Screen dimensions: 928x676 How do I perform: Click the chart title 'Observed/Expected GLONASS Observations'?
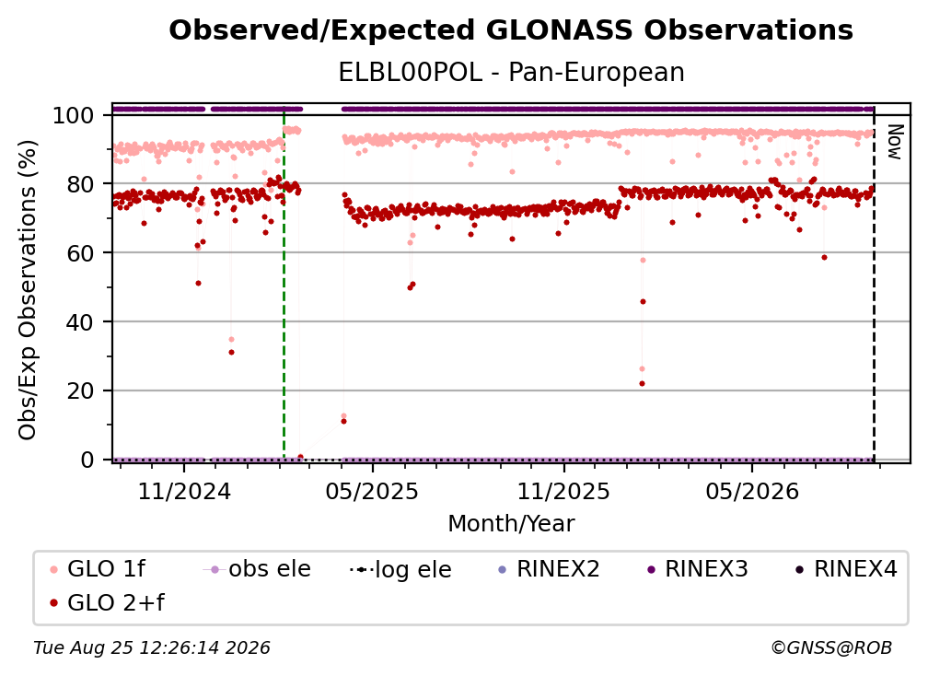[x=511, y=30]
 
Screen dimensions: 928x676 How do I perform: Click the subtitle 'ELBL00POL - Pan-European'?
[x=511, y=73]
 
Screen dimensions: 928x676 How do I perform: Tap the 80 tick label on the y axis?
[x=80, y=185]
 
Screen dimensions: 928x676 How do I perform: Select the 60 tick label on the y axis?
[x=80, y=253]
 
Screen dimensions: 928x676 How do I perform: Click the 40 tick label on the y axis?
[x=80, y=322]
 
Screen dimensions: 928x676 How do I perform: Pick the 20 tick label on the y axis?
[x=80, y=391]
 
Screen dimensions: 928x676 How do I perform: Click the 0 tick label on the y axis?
[x=87, y=460]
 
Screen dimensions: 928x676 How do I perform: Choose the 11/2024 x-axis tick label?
[x=184, y=491]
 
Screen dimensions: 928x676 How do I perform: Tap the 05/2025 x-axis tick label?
[x=372, y=491]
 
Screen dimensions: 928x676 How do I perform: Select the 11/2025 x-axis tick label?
[x=563, y=491]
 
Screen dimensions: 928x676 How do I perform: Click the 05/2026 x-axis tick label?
[x=751, y=491]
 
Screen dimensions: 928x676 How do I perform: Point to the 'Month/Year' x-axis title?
[x=511, y=524]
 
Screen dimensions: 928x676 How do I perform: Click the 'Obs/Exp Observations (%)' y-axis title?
[x=28, y=289]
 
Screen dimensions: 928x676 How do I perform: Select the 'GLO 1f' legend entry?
[x=98, y=569]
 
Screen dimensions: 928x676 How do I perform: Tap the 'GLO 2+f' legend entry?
[x=107, y=603]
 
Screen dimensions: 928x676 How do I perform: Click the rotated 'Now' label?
[x=894, y=142]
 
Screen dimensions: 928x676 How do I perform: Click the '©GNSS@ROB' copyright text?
[x=831, y=648]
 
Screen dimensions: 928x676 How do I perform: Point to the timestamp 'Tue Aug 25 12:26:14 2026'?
[x=152, y=648]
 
